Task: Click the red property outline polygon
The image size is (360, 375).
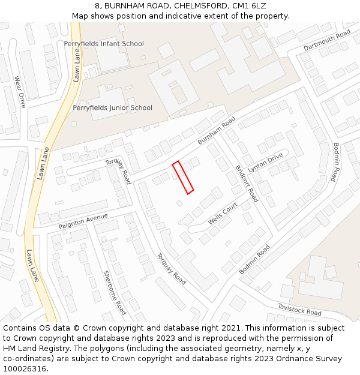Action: pyautogui.click(x=182, y=178)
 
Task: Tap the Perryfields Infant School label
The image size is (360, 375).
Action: pyautogui.click(x=104, y=44)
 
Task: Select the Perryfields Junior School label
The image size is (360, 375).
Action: pyautogui.click(x=112, y=108)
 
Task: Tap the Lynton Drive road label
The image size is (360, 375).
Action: pyautogui.click(x=265, y=162)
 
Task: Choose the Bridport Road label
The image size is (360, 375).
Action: pyautogui.click(x=246, y=183)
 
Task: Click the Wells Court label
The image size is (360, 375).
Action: pyautogui.click(x=223, y=214)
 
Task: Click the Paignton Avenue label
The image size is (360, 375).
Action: pyautogui.click(x=83, y=221)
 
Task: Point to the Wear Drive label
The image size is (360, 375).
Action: pyautogui.click(x=20, y=92)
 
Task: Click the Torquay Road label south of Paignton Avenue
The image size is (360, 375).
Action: pyautogui.click(x=171, y=268)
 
